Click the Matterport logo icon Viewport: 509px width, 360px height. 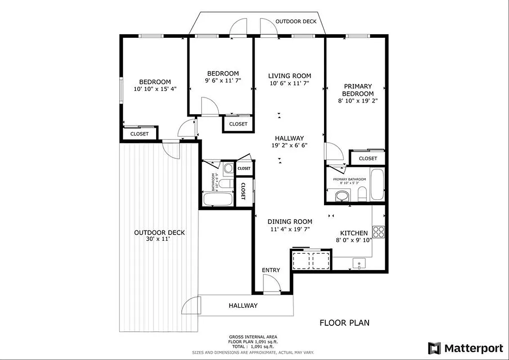(434, 348)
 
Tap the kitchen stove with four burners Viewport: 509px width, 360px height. (378, 232)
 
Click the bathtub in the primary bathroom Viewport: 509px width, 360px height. (377, 184)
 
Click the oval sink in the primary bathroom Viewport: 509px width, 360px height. (342, 196)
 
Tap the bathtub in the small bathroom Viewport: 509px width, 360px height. (218, 199)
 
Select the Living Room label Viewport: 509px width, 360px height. (289, 76)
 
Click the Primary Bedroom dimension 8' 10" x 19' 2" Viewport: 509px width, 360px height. (358, 101)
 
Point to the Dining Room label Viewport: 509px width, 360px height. (290, 221)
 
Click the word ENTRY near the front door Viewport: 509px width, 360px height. (271, 270)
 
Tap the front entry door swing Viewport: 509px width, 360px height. (272, 283)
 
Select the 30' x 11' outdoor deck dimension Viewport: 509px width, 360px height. (159, 240)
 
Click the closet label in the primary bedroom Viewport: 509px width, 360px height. (368, 158)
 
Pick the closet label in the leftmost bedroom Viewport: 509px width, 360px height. (140, 134)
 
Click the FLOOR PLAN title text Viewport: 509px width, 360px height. (344, 322)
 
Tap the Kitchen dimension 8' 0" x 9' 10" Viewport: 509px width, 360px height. (354, 240)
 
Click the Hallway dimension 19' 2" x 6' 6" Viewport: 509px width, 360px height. (289, 145)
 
